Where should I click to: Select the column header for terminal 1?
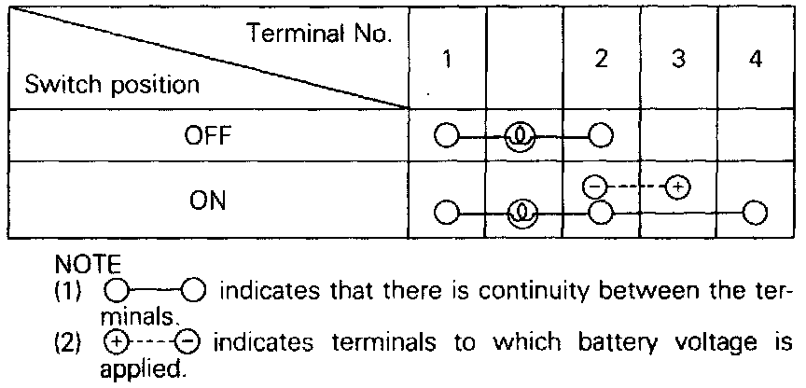[x=448, y=59]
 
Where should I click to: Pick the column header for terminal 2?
[x=601, y=59]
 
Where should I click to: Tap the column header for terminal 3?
[x=677, y=59]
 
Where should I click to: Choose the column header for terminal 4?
[x=755, y=59]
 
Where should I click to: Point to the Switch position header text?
[x=113, y=85]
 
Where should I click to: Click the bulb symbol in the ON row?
[x=523, y=213]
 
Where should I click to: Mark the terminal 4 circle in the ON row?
[x=755, y=213]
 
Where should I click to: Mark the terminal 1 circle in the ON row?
[x=446, y=213]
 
